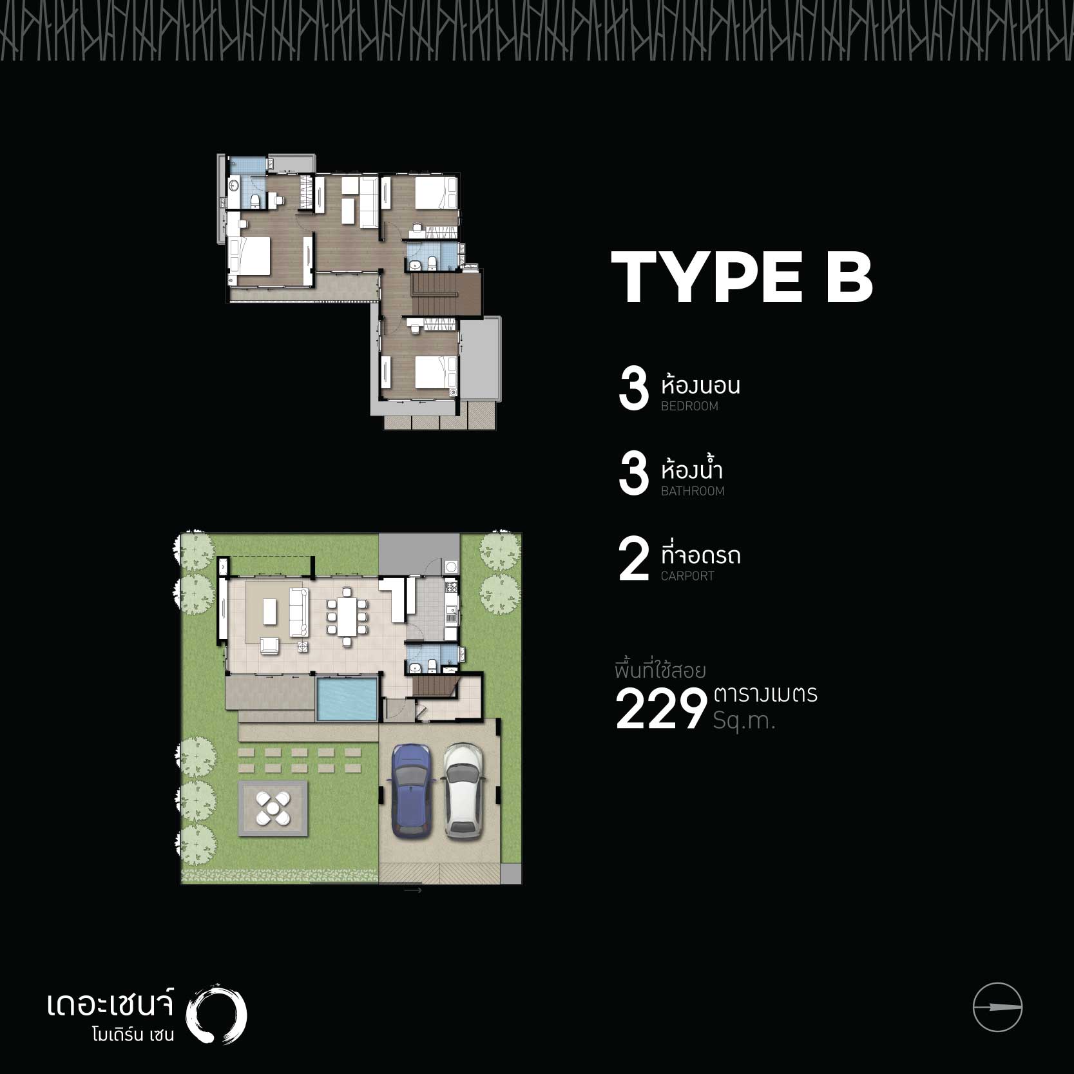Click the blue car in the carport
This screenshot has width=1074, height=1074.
coord(409,791)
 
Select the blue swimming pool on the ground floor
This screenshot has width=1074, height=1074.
coord(346,699)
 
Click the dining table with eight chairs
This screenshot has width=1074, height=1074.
coord(347,615)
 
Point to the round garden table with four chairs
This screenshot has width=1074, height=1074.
coord(273,808)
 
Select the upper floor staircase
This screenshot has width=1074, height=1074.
coord(436,293)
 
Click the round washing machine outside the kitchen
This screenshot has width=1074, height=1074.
coord(451,568)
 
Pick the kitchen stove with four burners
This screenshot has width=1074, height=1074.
coord(451,587)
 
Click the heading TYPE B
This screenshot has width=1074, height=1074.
coord(742,277)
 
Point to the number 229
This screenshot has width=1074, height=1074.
coord(661,709)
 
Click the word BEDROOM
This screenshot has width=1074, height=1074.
coord(689,406)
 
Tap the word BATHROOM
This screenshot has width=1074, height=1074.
coord(693,491)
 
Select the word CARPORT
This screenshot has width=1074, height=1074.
coord(687,576)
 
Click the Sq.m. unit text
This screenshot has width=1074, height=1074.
coord(744,720)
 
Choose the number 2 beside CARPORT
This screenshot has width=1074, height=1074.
coord(633,560)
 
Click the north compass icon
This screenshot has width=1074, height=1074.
coord(997,1007)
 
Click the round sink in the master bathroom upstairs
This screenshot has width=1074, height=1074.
coord(234,188)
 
